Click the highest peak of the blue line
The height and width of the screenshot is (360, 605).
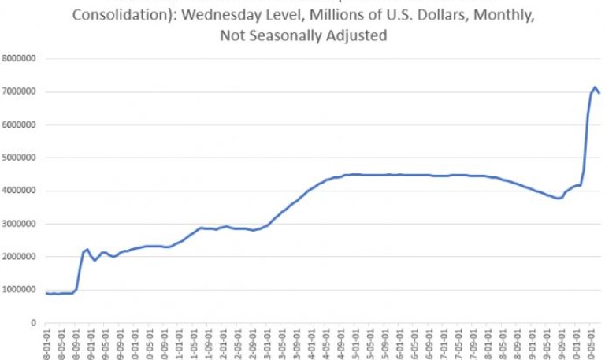click(595, 87)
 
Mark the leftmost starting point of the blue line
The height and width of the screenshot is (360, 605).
click(46, 293)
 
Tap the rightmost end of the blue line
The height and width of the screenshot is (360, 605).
click(600, 94)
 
